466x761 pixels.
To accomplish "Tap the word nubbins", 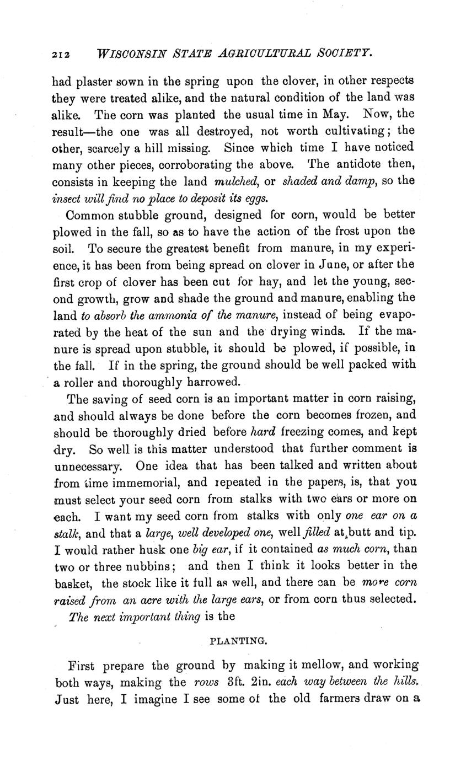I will point(152,567).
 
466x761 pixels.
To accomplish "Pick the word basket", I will point(73,583).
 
